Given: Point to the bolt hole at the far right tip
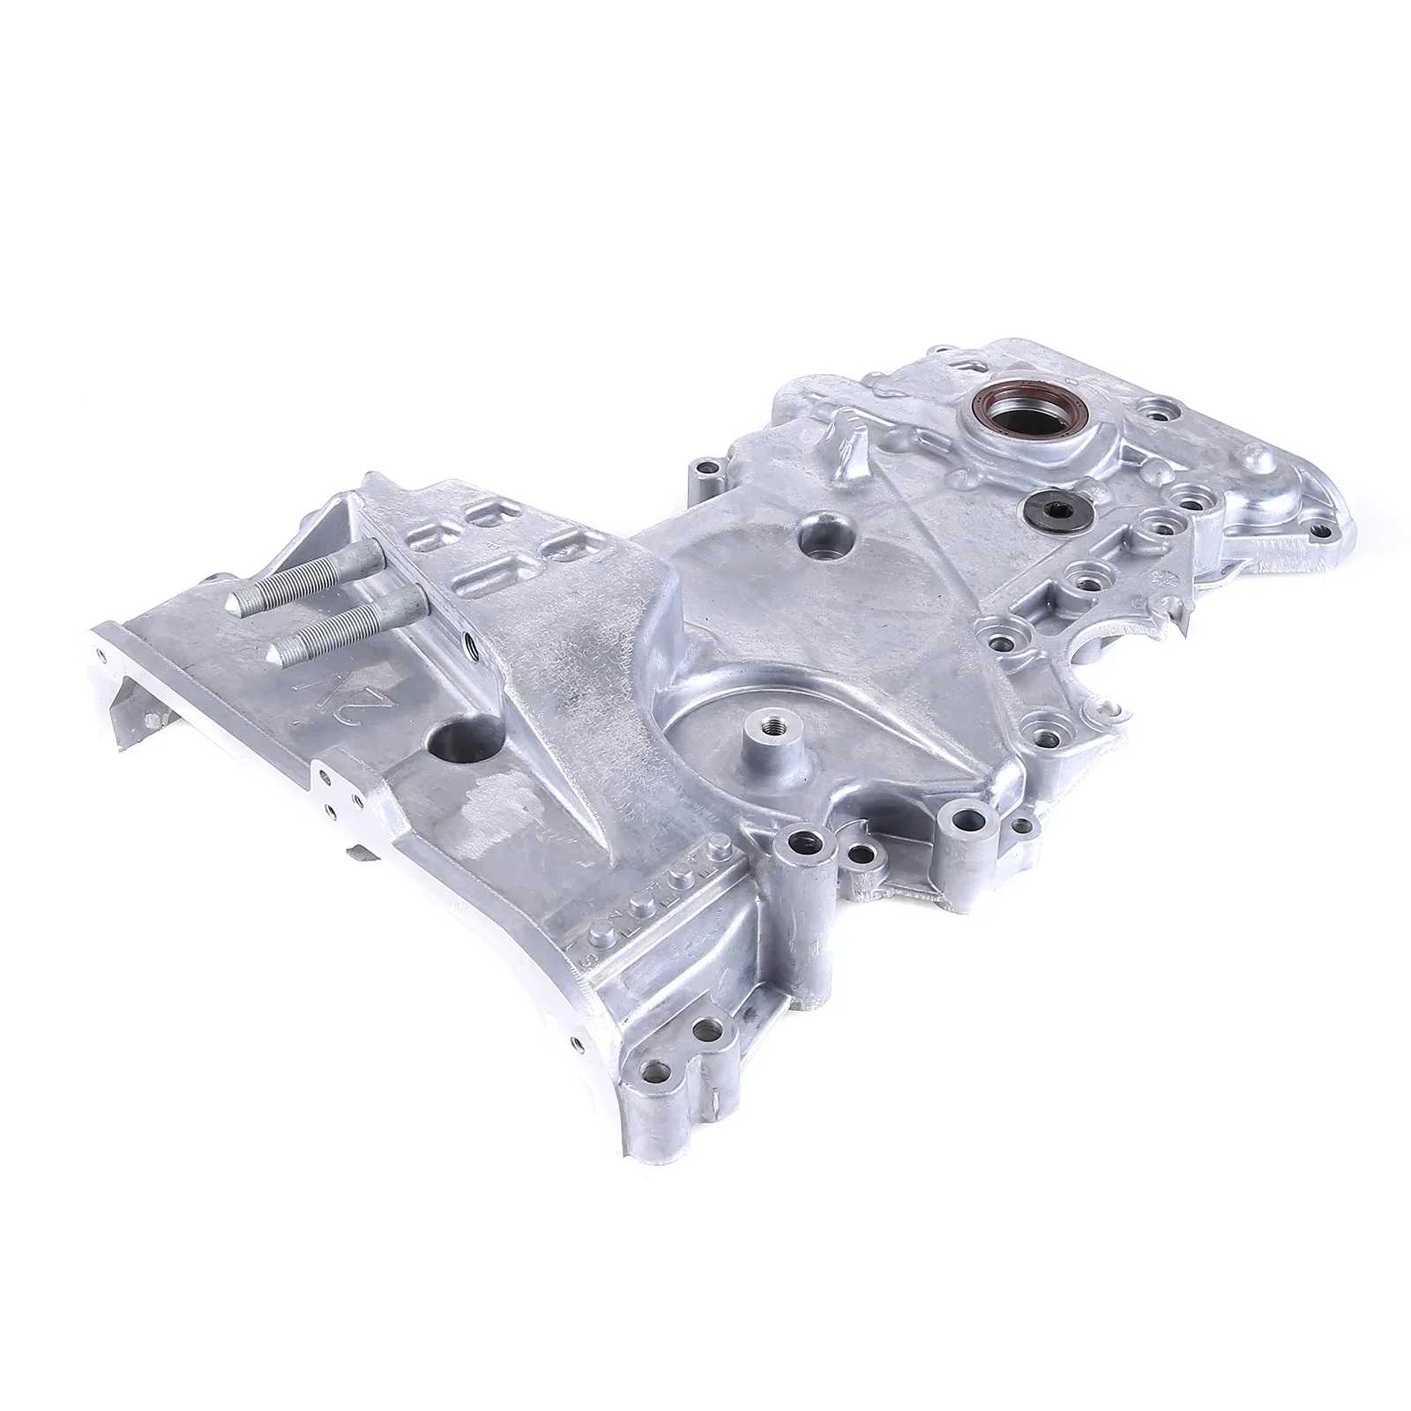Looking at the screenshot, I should pyautogui.click(x=1320, y=556).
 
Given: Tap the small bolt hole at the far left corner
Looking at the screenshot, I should pyautogui.click(x=108, y=654).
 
